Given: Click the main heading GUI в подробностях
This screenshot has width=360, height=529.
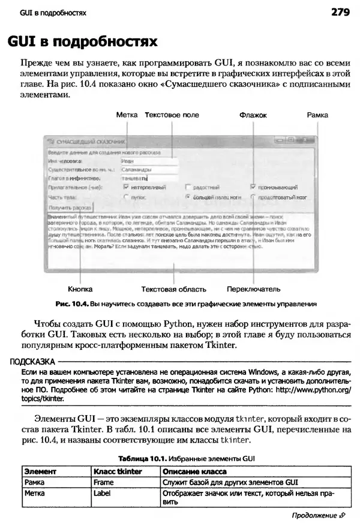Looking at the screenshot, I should [x=82, y=42].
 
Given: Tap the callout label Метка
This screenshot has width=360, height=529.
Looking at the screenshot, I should [x=127, y=115].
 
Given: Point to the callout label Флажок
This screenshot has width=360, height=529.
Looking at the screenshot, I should [x=253, y=115].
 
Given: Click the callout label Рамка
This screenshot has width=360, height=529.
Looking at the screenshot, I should [x=317, y=115].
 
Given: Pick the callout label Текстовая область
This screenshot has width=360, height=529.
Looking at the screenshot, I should [x=173, y=288].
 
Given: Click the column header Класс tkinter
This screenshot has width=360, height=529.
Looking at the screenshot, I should [x=118, y=471].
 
